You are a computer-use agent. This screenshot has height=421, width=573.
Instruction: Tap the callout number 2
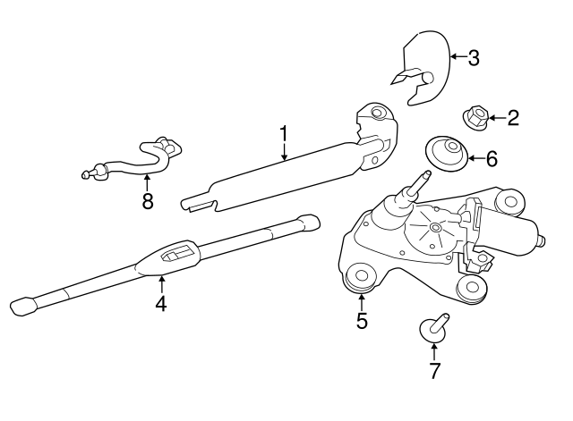(x=513, y=118)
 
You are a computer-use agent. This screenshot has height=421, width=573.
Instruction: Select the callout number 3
(x=474, y=58)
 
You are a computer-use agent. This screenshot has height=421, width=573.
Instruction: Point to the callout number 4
(x=161, y=304)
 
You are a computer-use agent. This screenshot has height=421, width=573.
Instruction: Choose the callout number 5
(x=362, y=321)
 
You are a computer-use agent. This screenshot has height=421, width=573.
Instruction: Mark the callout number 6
(x=492, y=159)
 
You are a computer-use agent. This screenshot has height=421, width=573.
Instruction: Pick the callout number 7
(x=434, y=371)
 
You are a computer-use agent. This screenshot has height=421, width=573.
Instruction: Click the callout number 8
(x=147, y=201)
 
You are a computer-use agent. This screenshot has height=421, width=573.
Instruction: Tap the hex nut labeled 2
(x=475, y=117)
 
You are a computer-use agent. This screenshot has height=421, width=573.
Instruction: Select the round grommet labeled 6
(x=447, y=153)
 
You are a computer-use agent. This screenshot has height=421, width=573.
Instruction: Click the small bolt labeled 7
(x=434, y=326)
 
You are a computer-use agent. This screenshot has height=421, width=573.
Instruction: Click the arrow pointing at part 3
(x=459, y=56)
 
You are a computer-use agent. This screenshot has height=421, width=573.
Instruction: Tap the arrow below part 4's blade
(x=161, y=285)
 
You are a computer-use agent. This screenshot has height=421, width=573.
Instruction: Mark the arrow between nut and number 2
(x=497, y=118)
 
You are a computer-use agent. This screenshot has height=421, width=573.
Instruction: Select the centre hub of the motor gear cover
(x=435, y=228)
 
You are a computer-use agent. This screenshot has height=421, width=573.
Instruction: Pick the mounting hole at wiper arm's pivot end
(x=376, y=112)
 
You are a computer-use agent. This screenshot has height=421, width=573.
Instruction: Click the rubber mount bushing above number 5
(x=360, y=278)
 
